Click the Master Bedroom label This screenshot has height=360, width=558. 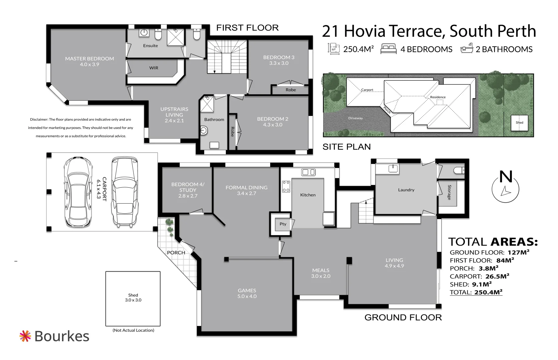tap(89, 61)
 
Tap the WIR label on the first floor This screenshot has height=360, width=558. tap(154, 68)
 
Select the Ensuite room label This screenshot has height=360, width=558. tap(150, 46)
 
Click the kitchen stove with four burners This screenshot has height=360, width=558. tap(286, 186)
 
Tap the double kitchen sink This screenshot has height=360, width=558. tap(309, 172)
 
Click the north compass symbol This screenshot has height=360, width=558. tap(505, 187)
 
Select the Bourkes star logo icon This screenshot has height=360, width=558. tap(25, 336)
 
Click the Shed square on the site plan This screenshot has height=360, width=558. tap(519, 123)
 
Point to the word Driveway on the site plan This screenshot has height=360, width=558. tap(356, 118)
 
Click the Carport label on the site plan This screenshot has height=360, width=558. tap(367, 90)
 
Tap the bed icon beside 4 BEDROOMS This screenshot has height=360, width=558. tap(388, 49)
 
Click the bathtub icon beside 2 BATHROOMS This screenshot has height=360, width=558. tap(467, 48)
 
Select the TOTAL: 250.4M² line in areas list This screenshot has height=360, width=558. tap(476, 292)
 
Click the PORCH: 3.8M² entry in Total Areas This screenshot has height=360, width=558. tap(474, 268)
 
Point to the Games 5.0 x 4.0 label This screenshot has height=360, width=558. tap(247, 293)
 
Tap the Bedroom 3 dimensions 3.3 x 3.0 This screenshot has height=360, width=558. tap(279, 63)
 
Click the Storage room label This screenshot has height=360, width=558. tap(449, 192)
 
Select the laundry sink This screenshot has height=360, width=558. tap(393, 168)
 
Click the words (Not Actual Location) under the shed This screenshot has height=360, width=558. tap(133, 330)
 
